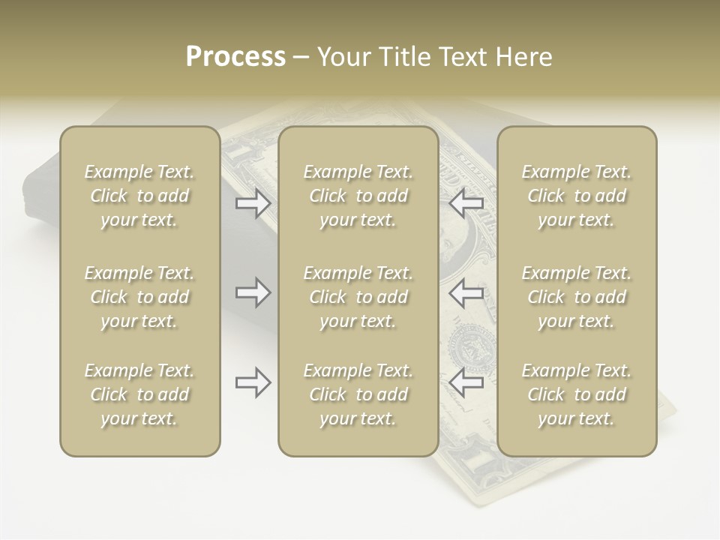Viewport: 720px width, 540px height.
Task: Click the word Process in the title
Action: pos(235,57)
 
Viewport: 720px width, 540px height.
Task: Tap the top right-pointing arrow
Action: pos(253,203)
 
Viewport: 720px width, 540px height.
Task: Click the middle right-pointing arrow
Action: pos(253,292)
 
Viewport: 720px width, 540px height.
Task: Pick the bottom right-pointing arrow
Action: pos(253,382)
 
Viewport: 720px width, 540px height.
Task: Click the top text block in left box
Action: pos(139,196)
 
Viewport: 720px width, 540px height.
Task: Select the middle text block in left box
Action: pos(139,297)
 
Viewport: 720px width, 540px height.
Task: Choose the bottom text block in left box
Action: pos(139,394)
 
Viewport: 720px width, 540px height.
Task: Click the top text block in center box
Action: pos(358,196)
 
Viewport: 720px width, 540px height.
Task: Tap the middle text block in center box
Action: pos(358,297)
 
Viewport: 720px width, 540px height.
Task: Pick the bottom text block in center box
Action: pos(358,394)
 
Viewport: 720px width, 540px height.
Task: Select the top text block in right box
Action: pos(576,196)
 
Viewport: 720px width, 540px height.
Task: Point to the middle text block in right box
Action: pos(576,297)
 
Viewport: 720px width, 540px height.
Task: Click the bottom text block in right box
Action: pos(576,394)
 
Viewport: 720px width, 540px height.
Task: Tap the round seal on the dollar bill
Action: pos(472,347)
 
